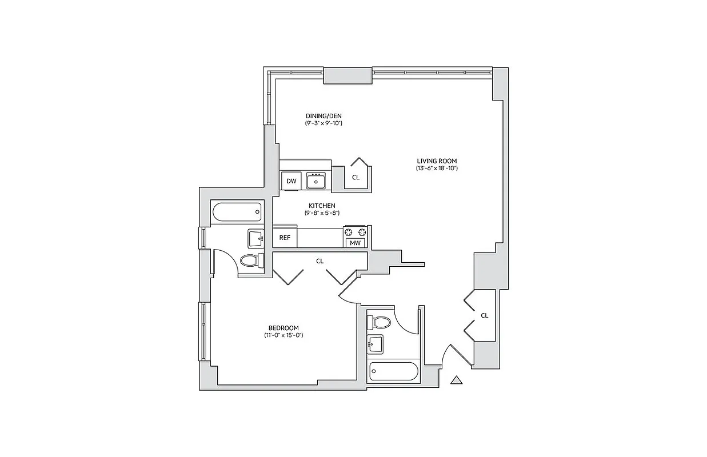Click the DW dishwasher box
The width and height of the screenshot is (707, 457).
coord(291,181)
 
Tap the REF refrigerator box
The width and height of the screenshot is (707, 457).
coord(285,237)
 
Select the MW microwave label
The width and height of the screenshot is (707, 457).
coord(355,243)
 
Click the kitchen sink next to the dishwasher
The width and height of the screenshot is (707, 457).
coord(316,181)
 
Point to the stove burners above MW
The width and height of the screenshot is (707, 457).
coord(355,231)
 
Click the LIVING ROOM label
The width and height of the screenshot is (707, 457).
coord(437,161)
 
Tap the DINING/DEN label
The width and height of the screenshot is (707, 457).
coord(323,115)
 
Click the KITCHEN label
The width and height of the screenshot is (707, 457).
coord(322,206)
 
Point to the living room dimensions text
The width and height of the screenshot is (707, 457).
coord(437,169)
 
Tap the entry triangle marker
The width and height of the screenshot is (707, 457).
coord(456,380)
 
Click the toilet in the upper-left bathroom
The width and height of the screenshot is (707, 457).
coord(250,260)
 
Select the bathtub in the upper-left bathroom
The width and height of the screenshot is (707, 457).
coord(237,213)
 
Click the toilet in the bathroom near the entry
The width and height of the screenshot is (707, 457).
coord(380,322)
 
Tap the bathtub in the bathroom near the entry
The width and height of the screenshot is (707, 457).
coord(394,373)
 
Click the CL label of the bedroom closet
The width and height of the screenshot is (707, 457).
coord(320,261)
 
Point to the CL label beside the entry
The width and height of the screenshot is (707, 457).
coord(485,315)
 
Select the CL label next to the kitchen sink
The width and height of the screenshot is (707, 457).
coord(356,178)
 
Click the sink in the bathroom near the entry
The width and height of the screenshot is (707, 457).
coord(376,344)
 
